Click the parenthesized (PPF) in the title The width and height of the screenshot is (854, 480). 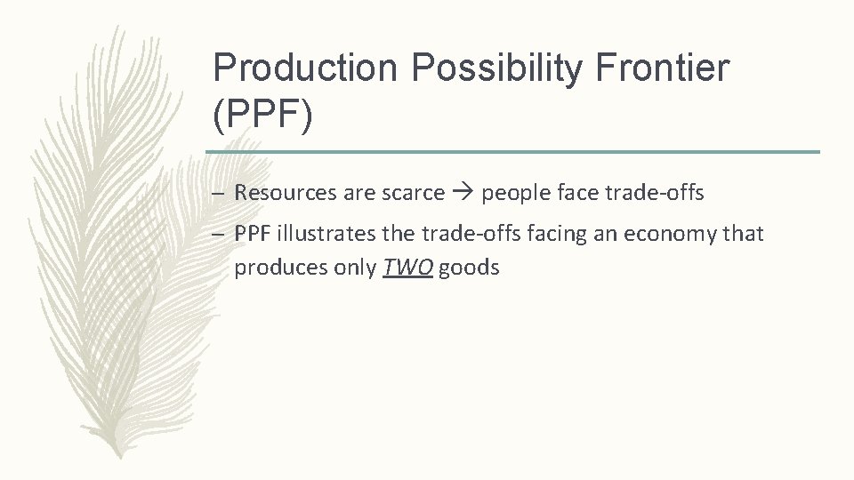263,116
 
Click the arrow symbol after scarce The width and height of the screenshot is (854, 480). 463,193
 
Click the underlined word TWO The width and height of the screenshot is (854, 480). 408,267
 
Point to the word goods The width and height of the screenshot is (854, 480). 469,268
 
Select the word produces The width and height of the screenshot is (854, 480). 276,268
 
